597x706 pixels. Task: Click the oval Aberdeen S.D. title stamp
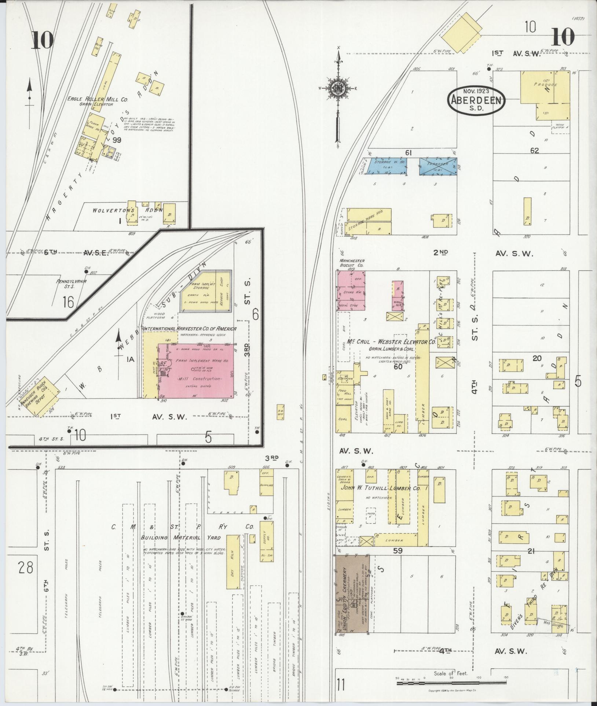click(x=476, y=101)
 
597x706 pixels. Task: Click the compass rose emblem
click(x=337, y=88)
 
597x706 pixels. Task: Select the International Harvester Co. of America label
click(x=190, y=329)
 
